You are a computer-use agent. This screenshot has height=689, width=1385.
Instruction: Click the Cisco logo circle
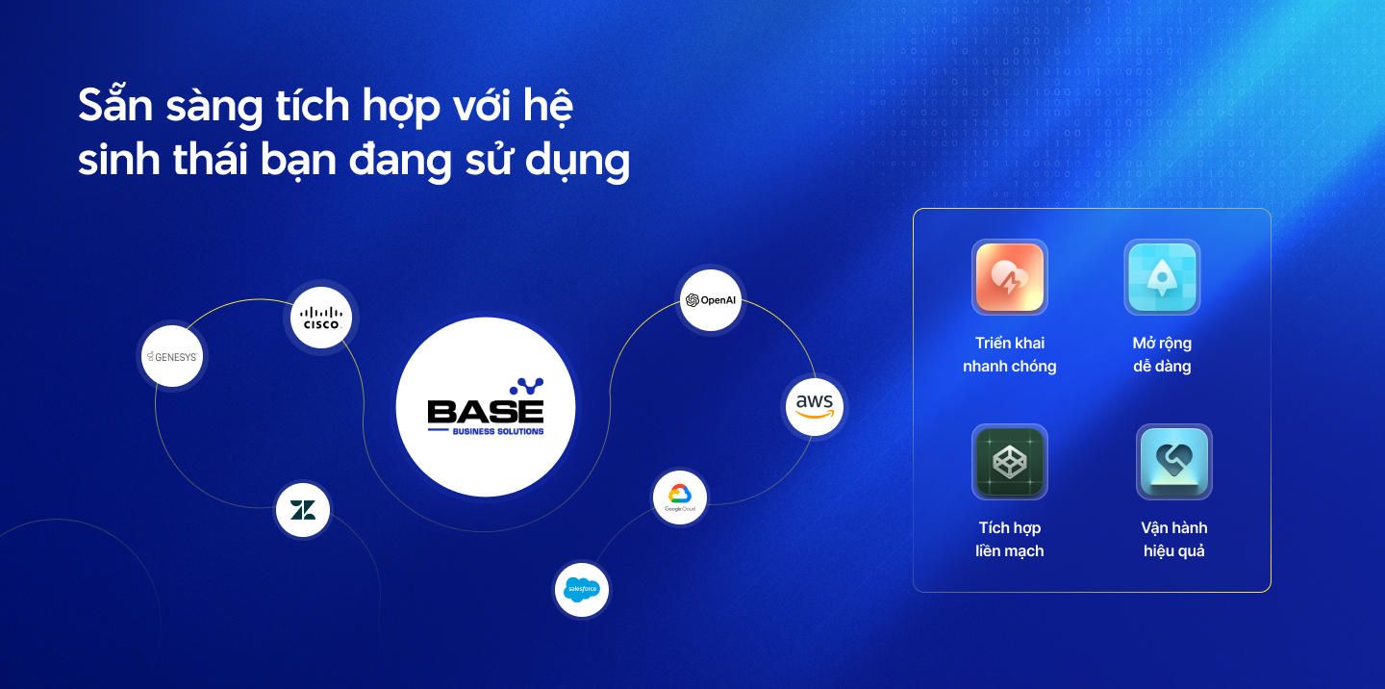pos(321,318)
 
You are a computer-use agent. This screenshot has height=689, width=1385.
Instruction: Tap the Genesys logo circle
pos(172,356)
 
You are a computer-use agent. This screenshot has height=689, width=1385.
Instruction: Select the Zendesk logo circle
pos(303,510)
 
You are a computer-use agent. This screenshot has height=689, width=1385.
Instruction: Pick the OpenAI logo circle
pos(711,300)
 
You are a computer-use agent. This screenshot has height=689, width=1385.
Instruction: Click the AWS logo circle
pos(815,406)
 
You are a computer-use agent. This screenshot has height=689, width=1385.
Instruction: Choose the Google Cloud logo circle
pos(680,498)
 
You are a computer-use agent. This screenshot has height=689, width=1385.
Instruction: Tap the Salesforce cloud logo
pos(582,589)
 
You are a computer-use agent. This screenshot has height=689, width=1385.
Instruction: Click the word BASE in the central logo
pos(486,412)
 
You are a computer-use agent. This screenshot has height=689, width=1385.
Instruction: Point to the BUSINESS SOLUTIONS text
pos(498,431)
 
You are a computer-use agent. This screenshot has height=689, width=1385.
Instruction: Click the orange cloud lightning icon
pos(1010,277)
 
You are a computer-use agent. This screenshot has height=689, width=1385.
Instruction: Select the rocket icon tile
pos(1163,277)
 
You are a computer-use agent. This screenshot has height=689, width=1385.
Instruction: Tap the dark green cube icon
pos(1010,462)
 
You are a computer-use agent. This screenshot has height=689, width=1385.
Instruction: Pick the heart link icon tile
pos(1174,462)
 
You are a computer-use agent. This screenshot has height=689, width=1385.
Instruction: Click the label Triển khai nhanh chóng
pos(1010,354)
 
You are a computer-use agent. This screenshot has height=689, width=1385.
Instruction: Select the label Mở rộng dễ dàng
pos(1163,354)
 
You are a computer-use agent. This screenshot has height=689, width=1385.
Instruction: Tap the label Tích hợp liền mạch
pos(1010,539)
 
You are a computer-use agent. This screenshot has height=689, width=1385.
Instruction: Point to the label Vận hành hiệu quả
pos(1174,539)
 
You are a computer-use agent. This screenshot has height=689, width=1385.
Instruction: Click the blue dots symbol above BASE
pos(527,387)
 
